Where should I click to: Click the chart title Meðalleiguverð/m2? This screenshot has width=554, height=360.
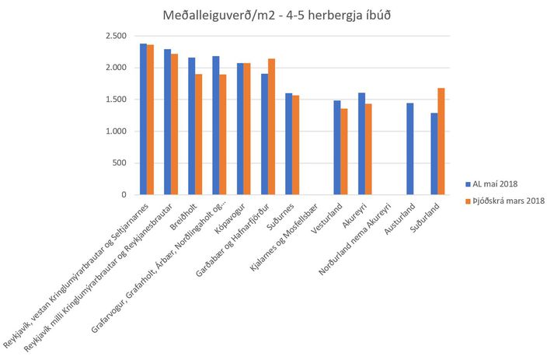click(218, 16)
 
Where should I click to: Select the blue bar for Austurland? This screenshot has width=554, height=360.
click(409, 149)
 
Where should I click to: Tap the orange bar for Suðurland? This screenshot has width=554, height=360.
click(441, 142)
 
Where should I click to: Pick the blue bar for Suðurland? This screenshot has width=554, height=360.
click(434, 154)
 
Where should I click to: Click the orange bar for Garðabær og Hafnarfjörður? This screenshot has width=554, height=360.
click(272, 127)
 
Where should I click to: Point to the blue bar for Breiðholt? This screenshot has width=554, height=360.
click(192, 126)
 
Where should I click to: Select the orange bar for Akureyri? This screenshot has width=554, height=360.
click(368, 149)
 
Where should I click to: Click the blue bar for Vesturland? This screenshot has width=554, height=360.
click(337, 148)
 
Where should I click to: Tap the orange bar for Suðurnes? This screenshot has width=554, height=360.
click(296, 145)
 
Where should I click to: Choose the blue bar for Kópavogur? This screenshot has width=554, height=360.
click(240, 129)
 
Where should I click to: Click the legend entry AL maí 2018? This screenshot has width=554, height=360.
click(492, 184)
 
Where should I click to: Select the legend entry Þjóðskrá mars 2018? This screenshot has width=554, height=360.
click(505, 201)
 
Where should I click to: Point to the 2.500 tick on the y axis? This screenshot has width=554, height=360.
click(116, 36)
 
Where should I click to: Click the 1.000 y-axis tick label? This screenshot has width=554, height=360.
click(116, 131)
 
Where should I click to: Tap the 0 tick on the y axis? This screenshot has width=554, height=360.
click(124, 194)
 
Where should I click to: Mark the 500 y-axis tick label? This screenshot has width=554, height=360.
click(120, 163)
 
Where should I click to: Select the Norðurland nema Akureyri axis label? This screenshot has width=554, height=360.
click(355, 239)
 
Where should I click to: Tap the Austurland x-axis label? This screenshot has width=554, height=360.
click(400, 218)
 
